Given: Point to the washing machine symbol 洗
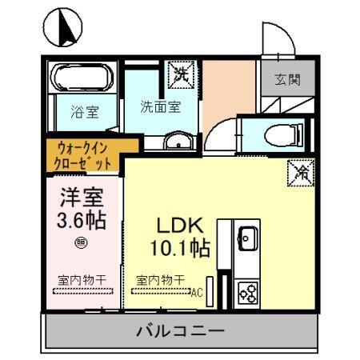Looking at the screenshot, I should [x=181, y=77].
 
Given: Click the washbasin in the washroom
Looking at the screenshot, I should [x=177, y=142].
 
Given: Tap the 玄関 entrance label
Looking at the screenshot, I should [x=288, y=80].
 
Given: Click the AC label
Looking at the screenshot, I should [x=197, y=293].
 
